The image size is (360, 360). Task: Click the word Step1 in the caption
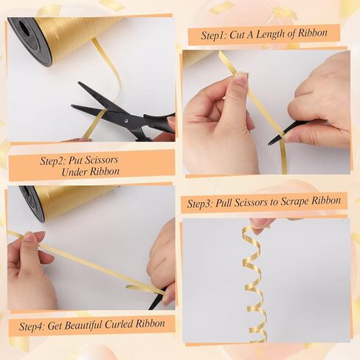click(x=214, y=35)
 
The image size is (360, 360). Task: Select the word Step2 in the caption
click(x=53, y=161)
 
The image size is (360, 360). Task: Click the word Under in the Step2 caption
click(x=74, y=172)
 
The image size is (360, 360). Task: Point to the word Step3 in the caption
click(x=200, y=204)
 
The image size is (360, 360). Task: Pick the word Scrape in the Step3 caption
click(x=295, y=201)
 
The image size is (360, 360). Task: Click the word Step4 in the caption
click(x=32, y=326)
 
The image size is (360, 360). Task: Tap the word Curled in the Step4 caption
click(x=119, y=324)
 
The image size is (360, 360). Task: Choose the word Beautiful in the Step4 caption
click(x=75, y=325)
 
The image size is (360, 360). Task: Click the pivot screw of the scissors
click(x=127, y=121)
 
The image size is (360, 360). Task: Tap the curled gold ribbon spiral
click(x=255, y=283)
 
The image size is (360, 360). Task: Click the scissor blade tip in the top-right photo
click(x=269, y=144)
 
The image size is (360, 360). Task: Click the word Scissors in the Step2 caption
click(x=93, y=160)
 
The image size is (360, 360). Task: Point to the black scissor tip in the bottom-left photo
click(x=150, y=308)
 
